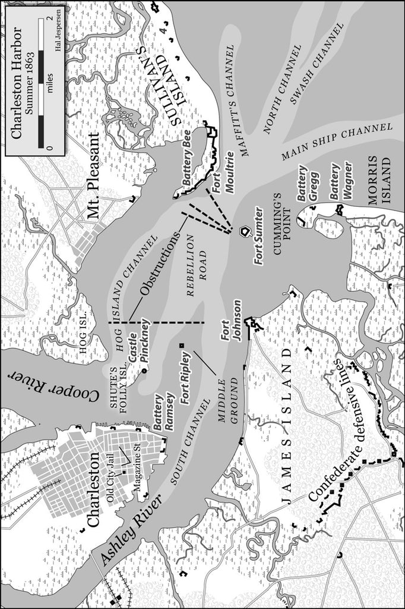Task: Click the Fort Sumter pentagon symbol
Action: (244, 231)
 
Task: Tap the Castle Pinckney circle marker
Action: (144, 372)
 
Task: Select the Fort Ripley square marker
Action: (182, 345)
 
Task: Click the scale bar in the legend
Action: (41, 83)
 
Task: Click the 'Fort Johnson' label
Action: (231, 321)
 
